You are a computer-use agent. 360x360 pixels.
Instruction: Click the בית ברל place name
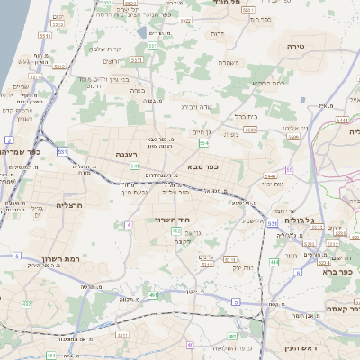click(x=245, y=116)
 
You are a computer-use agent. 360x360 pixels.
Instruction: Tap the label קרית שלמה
click(x=106, y=49)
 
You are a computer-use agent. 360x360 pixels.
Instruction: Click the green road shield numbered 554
click(x=204, y=143)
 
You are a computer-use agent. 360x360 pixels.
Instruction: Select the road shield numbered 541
click(x=134, y=166)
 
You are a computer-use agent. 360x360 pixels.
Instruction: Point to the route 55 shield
click(x=290, y=169)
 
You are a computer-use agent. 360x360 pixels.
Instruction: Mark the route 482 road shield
click(x=176, y=231)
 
